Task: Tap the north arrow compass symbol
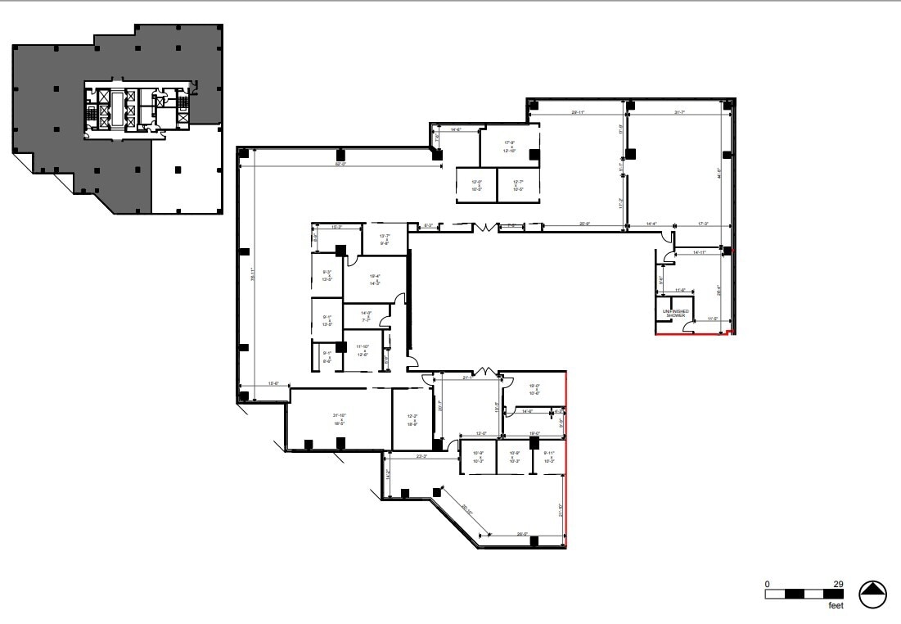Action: pos(873,595)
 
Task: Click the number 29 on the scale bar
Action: pos(838,584)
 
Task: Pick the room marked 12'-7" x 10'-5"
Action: pos(517,185)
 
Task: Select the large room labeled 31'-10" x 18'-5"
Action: pos(338,419)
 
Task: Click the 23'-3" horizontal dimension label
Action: pos(423,457)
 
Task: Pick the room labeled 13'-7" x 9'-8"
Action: pos(385,239)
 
